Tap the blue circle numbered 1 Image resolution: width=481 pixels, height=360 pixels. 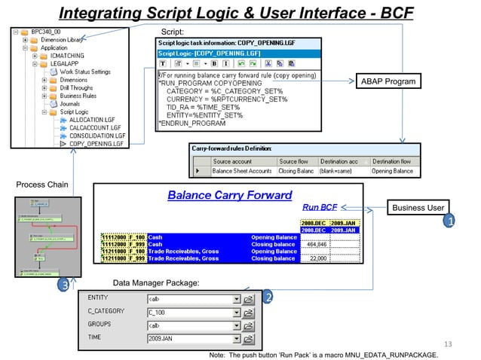(450, 222)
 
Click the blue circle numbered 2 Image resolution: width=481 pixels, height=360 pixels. (267, 297)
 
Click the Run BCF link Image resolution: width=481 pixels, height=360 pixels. (320, 206)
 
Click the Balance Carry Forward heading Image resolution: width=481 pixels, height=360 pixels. (229, 195)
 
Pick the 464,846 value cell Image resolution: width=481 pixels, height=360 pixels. (314, 244)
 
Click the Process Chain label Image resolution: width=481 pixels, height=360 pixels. (41, 185)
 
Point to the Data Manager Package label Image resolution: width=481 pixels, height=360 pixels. (155, 282)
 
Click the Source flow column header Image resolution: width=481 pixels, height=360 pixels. (298, 161)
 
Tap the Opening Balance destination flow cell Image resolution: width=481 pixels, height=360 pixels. (392, 171)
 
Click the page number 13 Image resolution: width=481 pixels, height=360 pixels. (450, 344)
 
